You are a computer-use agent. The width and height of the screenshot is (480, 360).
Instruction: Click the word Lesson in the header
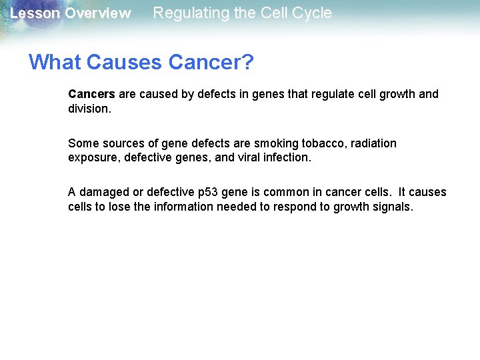click(x=32, y=13)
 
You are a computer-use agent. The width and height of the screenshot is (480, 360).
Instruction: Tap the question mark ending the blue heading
click(x=247, y=62)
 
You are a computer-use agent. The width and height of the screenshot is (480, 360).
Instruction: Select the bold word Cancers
click(x=91, y=94)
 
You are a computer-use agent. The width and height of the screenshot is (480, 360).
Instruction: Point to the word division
click(x=89, y=108)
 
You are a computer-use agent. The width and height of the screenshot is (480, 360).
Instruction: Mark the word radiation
click(x=373, y=143)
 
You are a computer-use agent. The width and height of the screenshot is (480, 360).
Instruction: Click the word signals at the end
click(x=393, y=207)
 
